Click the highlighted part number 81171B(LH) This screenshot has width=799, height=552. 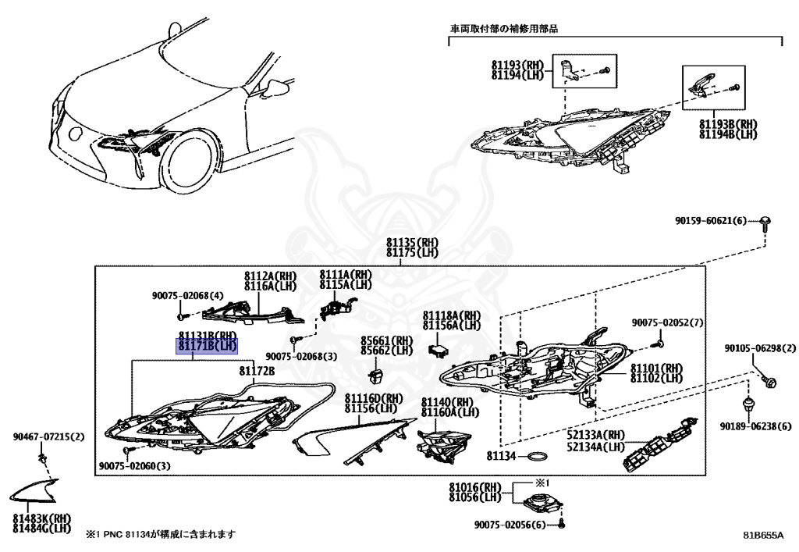click(x=207, y=346)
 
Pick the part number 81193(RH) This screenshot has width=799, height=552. click(x=517, y=66)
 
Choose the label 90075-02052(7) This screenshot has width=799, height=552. click(x=667, y=322)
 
